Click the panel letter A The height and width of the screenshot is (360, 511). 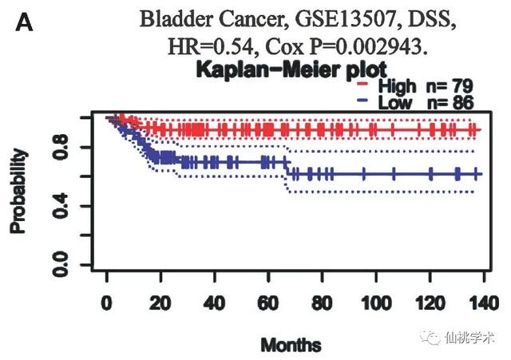pyautogui.click(x=24, y=25)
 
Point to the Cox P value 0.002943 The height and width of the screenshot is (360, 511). pyautogui.click(x=376, y=46)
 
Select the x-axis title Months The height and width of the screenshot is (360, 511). pyautogui.click(x=291, y=345)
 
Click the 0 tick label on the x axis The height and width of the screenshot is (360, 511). pyautogui.click(x=107, y=303)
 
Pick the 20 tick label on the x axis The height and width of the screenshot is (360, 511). pyautogui.click(x=160, y=303)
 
